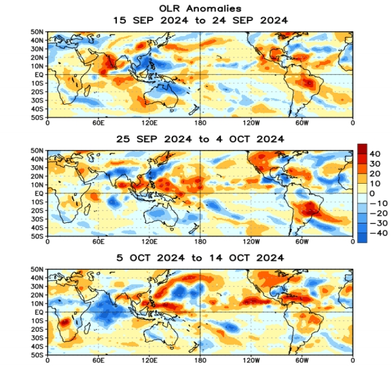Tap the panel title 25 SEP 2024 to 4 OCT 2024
(200, 139)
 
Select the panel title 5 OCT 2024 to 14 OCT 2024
(200, 258)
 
